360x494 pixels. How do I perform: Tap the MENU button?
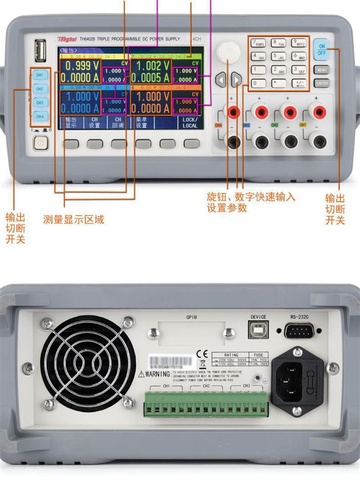pos(322,71)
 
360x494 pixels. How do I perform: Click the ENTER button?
pos(322,83)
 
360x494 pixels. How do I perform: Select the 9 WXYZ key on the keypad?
pos(299,43)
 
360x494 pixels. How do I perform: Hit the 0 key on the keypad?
pos(259,83)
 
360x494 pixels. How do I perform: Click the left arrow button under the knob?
pos(221,81)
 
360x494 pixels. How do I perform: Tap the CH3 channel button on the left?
pos(40,103)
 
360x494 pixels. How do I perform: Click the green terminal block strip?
pos(206,404)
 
